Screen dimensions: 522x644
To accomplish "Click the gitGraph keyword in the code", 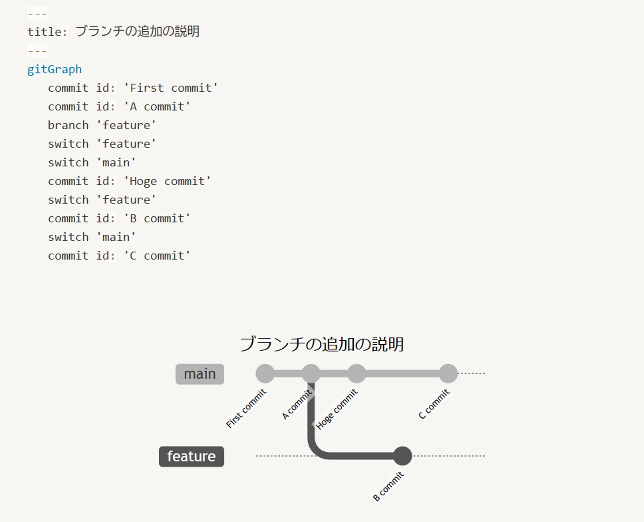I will [54, 69].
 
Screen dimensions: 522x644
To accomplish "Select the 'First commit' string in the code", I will [171, 88].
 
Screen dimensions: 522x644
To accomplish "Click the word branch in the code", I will [68, 125].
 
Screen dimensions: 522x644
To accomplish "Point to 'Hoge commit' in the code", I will [167, 181].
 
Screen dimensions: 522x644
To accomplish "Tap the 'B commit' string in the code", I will [157, 218].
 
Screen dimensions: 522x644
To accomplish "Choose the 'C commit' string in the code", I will [157, 256].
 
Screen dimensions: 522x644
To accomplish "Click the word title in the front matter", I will [45, 32].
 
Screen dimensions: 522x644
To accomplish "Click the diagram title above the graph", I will [322, 344].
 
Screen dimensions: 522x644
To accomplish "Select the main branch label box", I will [199, 374].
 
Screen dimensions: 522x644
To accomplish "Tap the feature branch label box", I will [191, 456].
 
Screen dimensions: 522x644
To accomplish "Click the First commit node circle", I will [265, 373].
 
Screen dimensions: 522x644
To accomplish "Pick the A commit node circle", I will [311, 373].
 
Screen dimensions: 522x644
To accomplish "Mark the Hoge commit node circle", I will [356, 373].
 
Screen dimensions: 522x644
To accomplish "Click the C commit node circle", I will [448, 373].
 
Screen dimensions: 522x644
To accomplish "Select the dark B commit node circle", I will [402, 456].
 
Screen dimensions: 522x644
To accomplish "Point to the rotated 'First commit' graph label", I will [246, 408].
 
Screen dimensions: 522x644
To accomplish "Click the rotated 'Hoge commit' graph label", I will [337, 409].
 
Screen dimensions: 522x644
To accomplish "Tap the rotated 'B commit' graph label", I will [388, 486].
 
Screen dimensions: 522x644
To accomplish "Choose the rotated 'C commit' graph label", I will [434, 404].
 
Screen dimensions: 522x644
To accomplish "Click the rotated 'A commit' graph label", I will [297, 404].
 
